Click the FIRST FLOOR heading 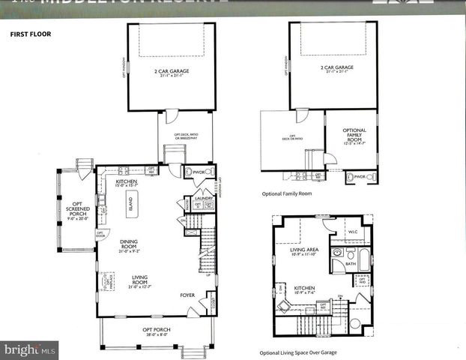coord(29,34)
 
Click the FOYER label coord(187,295)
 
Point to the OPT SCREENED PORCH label coord(76,207)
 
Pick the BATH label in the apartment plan coord(351,264)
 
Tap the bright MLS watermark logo coord(30,349)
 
